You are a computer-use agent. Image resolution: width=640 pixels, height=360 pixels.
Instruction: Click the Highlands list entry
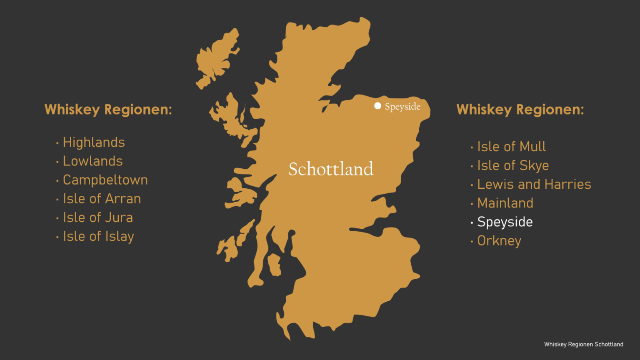pos(94,142)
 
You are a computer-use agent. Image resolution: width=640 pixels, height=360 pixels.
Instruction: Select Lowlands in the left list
pos(92,161)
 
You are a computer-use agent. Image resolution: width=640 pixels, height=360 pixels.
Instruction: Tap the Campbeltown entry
pos(105,180)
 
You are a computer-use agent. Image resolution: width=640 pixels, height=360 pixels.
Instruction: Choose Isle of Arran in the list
pos(102,199)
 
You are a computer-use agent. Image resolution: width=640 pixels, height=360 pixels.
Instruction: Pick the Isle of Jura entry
pos(97,217)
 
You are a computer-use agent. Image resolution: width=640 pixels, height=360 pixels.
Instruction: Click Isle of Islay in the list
pos(98,236)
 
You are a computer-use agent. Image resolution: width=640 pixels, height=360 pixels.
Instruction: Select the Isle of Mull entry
pos(511,147)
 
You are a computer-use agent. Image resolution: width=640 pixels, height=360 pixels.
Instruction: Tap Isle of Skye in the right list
pos(513,165)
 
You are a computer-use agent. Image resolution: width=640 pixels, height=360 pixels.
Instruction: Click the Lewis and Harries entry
pos(534,184)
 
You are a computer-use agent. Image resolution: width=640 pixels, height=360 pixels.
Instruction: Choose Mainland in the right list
pos(505,203)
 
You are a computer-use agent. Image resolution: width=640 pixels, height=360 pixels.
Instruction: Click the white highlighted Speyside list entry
pos(505,222)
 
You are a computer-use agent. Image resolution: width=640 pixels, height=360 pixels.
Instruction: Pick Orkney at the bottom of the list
pos(499,241)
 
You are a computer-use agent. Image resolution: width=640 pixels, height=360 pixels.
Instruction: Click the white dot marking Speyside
pos(377,106)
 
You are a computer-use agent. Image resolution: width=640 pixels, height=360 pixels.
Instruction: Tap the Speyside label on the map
pos(402,107)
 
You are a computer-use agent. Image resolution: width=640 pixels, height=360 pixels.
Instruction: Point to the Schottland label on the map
pos(331,169)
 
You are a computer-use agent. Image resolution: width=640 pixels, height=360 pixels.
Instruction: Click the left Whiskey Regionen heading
pos(108,110)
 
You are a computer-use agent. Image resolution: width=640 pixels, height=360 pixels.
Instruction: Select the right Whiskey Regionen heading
pos(520,110)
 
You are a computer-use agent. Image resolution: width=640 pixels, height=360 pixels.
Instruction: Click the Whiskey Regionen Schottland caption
pos(583,344)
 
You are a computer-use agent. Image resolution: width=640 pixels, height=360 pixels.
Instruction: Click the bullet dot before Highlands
pos(57,143)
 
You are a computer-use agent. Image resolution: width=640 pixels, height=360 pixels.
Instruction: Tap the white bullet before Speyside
pos(472,223)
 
